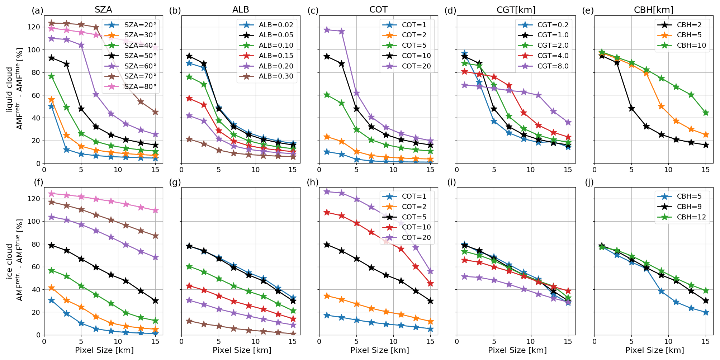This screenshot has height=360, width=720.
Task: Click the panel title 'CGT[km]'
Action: [x=516, y=10]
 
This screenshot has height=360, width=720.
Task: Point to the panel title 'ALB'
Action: [x=241, y=10]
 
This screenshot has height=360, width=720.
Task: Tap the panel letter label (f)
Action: [x=38, y=183]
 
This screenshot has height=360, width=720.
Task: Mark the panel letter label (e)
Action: [x=588, y=11]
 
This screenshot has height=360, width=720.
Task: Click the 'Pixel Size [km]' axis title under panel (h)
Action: [x=379, y=350]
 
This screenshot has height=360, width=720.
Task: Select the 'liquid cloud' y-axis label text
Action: [x=9, y=89]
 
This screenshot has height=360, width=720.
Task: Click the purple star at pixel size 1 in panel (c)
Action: [x=327, y=30]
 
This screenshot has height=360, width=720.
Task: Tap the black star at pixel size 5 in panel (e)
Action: [x=631, y=109]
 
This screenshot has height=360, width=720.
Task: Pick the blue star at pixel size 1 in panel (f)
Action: [x=51, y=300]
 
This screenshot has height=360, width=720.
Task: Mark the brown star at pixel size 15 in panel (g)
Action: [x=293, y=334]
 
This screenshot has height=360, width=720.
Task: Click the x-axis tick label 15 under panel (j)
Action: [x=705, y=341]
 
